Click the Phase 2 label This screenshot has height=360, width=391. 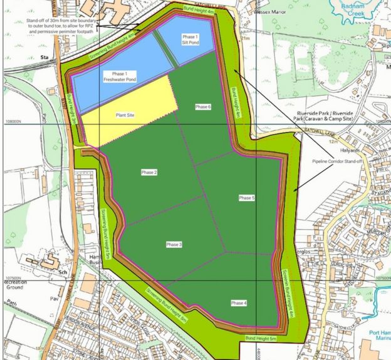point(148,172)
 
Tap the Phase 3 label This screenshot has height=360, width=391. point(175,244)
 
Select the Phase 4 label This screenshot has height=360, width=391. point(239,303)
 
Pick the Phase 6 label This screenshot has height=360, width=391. point(203,107)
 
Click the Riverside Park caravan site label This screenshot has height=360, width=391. point(325,115)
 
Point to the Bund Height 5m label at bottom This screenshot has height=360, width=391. point(260,339)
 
